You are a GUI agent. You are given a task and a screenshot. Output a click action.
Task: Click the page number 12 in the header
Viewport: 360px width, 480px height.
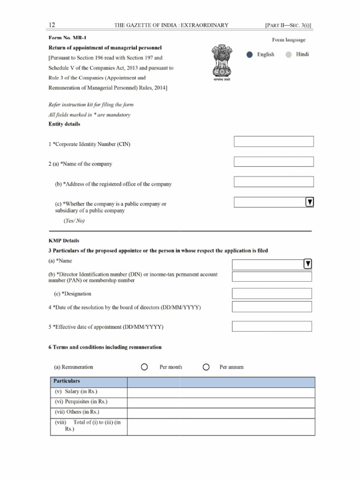[x=52, y=24]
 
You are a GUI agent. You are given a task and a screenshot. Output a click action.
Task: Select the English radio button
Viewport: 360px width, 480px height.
[x=250, y=55]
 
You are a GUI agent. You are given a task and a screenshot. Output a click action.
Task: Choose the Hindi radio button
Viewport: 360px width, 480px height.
[x=289, y=55]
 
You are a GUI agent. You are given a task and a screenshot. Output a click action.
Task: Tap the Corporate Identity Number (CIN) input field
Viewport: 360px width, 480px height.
[x=274, y=142]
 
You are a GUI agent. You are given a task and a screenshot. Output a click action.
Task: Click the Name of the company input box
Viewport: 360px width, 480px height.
[x=274, y=162]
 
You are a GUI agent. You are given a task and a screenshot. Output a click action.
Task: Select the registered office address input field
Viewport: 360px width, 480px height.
[x=274, y=182]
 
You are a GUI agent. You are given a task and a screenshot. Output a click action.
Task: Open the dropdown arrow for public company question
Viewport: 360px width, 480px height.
[x=309, y=202]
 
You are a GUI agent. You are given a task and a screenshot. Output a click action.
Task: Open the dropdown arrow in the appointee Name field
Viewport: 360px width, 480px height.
[x=308, y=264]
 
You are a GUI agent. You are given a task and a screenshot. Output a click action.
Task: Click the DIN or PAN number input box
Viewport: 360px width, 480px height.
[x=272, y=277]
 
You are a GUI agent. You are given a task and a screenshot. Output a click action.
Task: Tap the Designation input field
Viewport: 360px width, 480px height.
[x=272, y=293]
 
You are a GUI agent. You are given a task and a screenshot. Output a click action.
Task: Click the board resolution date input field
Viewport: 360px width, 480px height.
[x=272, y=307]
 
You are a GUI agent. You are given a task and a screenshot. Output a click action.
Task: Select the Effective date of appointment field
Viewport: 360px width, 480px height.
[x=272, y=326]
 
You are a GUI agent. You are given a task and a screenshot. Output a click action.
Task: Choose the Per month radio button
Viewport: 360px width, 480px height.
[x=144, y=367]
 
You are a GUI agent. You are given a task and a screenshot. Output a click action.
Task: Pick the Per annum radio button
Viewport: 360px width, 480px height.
[x=206, y=367]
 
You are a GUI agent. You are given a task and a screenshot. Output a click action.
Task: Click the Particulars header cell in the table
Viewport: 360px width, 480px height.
[x=89, y=382]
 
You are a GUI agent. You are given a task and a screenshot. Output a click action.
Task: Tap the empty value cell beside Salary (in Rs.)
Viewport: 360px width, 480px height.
[x=221, y=392]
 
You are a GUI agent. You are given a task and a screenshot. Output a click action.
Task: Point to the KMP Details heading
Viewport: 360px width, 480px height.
[x=64, y=240]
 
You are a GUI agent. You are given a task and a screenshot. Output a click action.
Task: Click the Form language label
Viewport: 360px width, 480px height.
[x=289, y=40]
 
